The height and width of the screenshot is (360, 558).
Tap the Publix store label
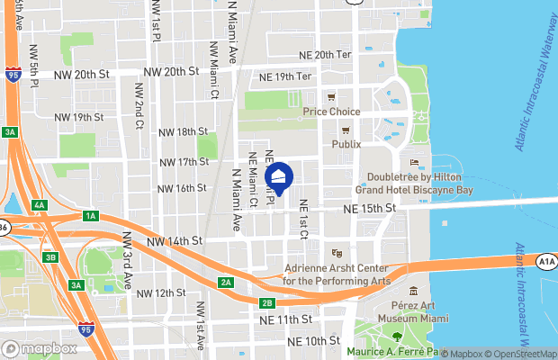tap(346, 144)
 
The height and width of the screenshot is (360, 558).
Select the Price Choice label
tap(331, 112)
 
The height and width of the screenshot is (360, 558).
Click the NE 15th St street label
tap(369, 209)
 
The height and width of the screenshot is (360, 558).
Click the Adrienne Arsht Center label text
tap(336, 274)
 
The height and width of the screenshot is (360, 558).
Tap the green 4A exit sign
tap(38, 205)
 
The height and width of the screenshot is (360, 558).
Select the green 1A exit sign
tap(90, 216)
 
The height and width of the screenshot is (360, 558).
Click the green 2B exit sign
tap(266, 302)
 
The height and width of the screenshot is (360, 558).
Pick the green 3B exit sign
tap(51, 257)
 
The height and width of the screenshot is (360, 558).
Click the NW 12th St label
tap(160, 293)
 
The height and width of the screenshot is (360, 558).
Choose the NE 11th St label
tap(288, 319)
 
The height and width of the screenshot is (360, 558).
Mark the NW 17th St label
tap(184, 162)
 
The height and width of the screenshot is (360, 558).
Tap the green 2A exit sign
tap(226, 283)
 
